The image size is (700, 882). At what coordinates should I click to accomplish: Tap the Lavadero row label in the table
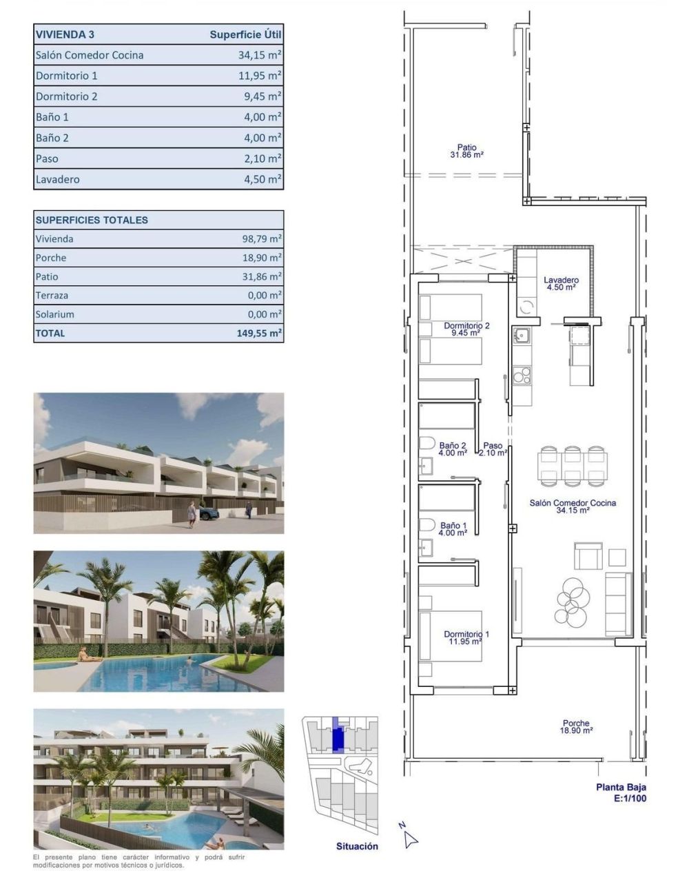(x=58, y=179)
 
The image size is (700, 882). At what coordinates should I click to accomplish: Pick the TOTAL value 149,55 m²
(x=259, y=333)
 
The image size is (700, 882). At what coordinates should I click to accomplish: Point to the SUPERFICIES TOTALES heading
(x=92, y=220)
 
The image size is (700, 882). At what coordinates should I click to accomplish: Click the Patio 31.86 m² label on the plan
(x=466, y=151)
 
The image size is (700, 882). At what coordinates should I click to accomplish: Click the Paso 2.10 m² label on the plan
(x=493, y=449)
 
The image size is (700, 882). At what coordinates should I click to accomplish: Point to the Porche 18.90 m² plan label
(x=576, y=727)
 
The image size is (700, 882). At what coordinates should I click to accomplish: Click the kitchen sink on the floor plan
(x=521, y=336)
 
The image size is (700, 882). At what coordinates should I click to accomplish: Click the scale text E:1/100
(x=630, y=799)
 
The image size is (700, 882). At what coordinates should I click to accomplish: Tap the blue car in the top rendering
(x=209, y=513)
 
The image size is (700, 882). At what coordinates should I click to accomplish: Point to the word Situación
(x=357, y=846)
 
